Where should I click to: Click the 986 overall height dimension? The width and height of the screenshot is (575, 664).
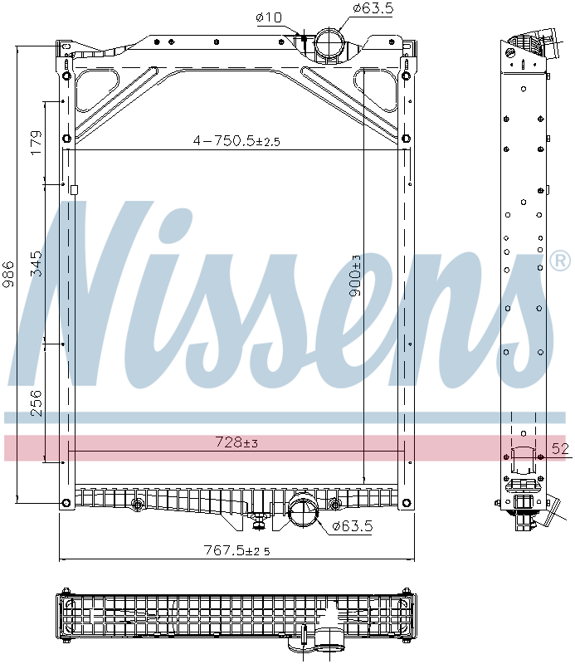click(x=9, y=273)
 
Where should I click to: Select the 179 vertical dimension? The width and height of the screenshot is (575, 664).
click(x=35, y=142)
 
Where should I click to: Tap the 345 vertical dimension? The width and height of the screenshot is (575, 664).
click(x=35, y=263)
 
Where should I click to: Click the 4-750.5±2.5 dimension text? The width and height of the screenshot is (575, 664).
click(x=236, y=141)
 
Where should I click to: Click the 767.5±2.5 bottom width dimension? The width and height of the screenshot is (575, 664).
click(x=236, y=549)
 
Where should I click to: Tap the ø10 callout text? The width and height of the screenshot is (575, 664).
click(x=269, y=17)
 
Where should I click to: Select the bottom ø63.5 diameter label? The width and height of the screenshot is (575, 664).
click(x=353, y=526)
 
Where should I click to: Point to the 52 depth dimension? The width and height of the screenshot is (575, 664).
click(x=561, y=449)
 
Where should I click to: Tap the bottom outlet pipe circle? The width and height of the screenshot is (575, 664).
click(x=303, y=510)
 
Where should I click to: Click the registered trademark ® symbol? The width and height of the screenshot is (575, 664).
click(x=560, y=262)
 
